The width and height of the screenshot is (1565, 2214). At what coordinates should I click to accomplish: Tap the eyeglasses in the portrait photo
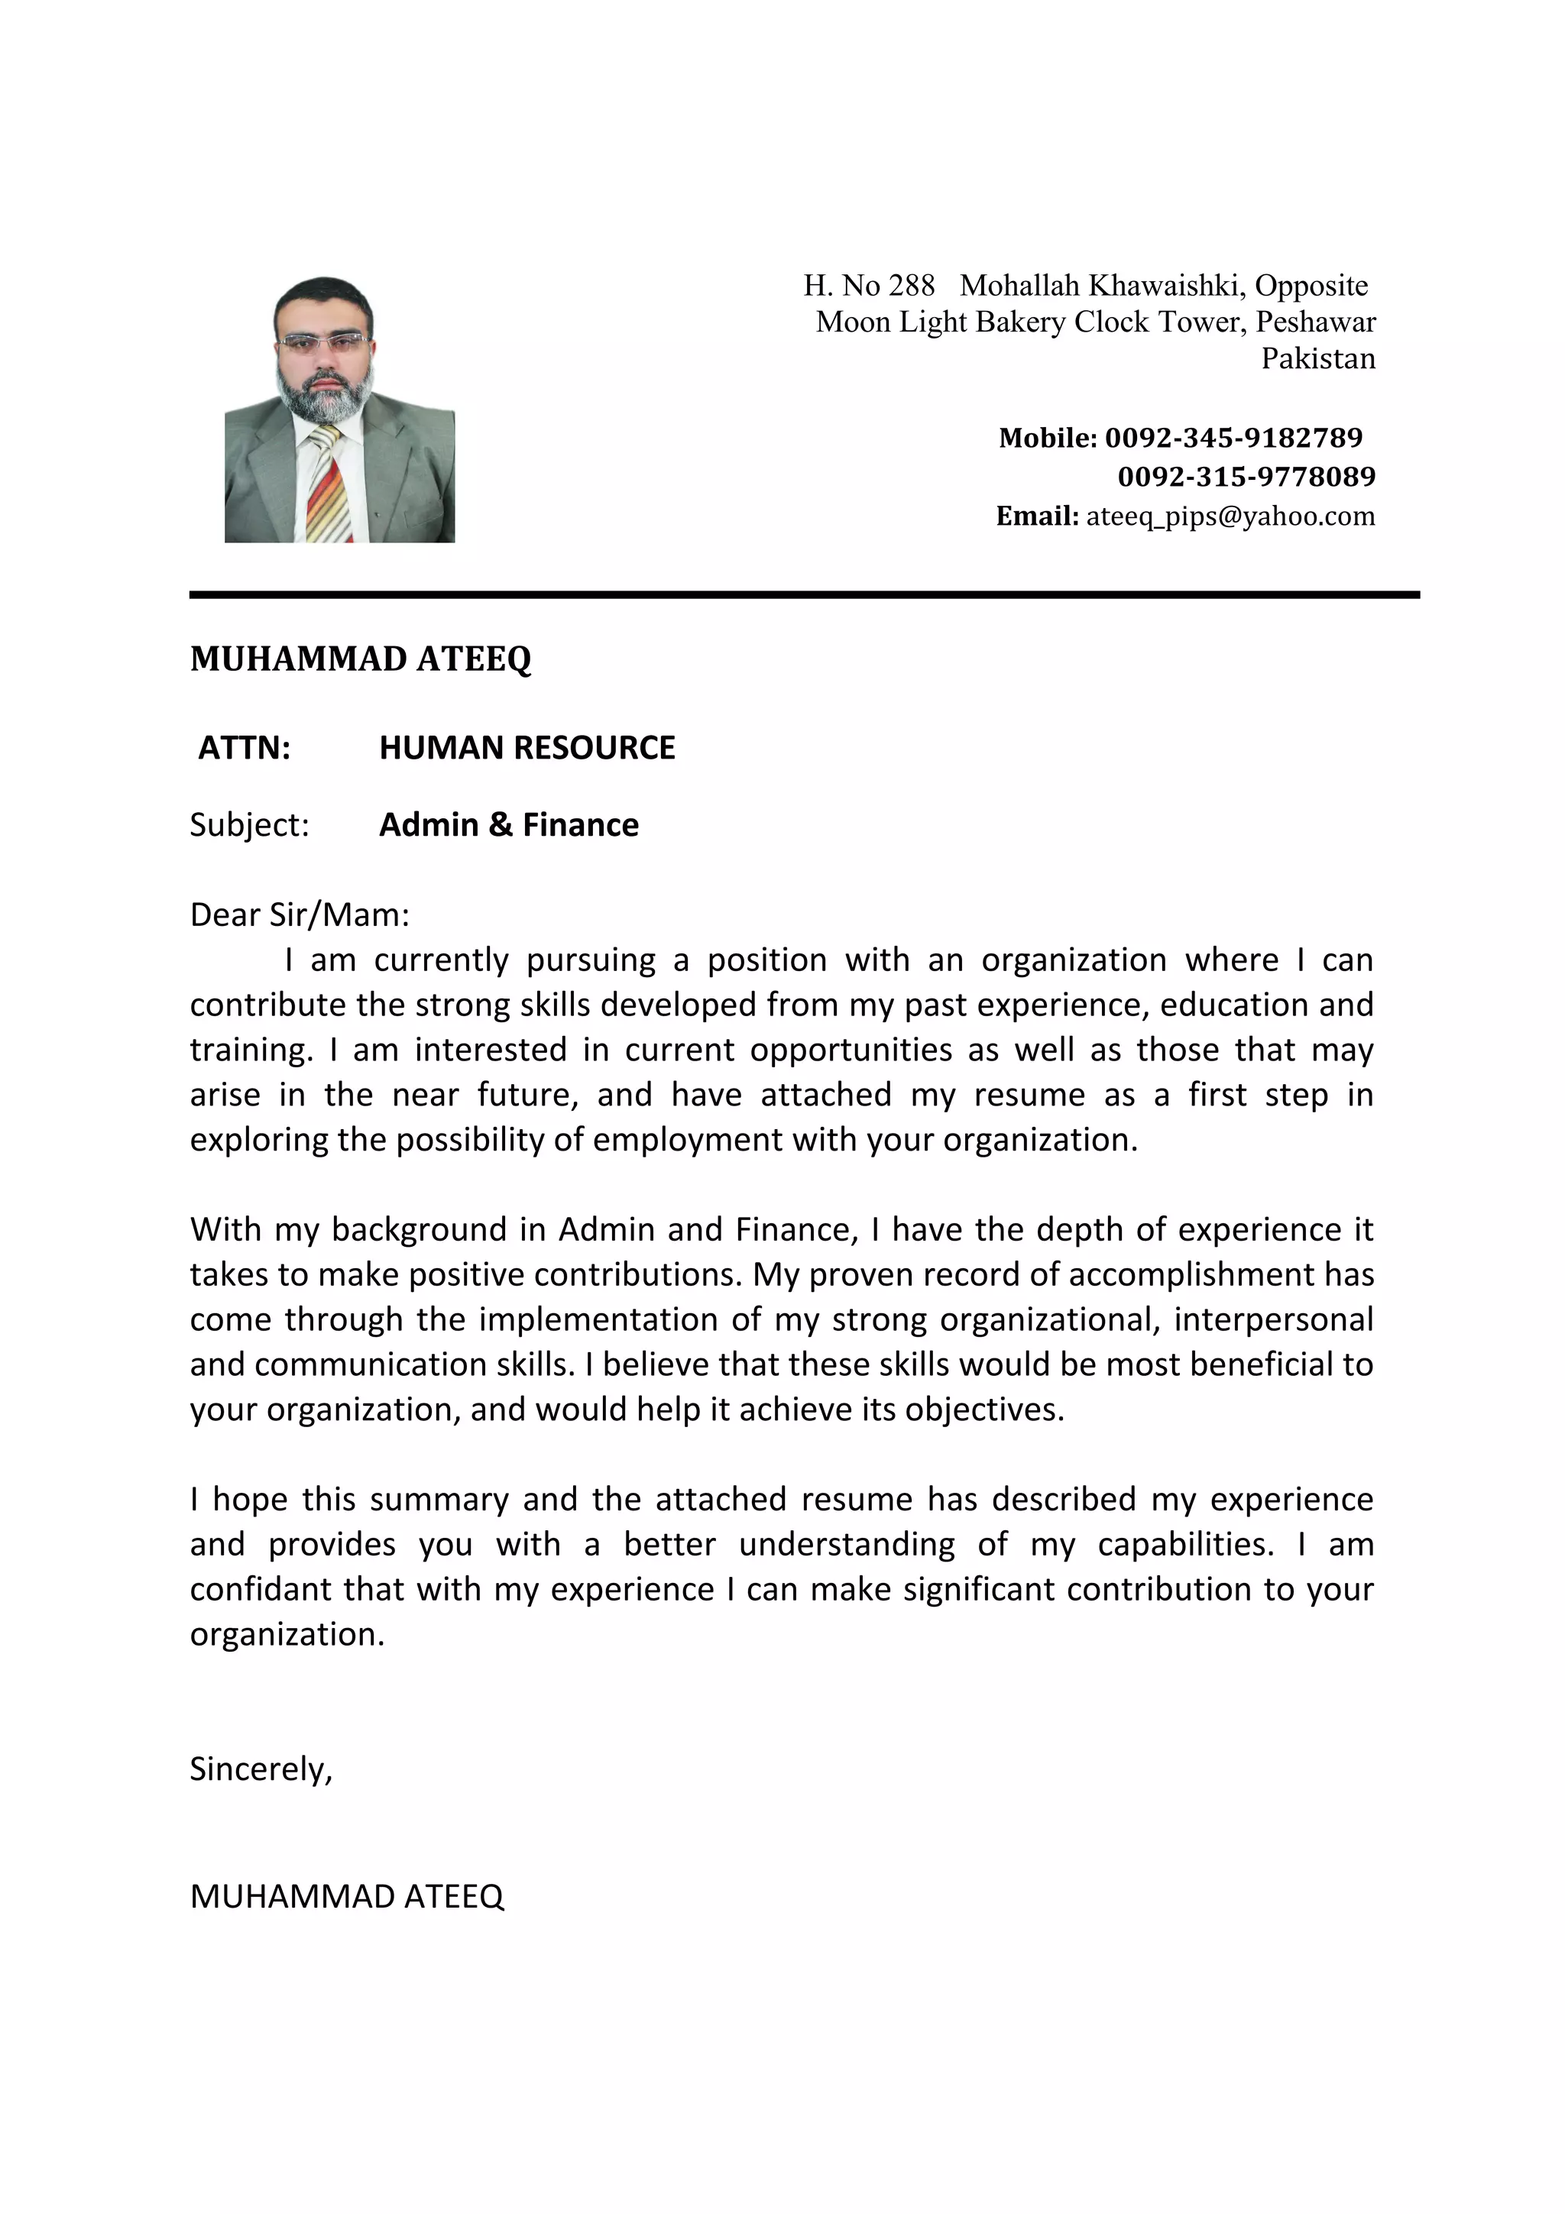[321, 341]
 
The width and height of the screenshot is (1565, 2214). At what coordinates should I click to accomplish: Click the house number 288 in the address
[911, 286]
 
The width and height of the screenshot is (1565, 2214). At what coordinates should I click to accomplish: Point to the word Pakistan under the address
[1317, 359]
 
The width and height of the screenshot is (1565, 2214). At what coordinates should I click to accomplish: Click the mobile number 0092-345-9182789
[1233, 438]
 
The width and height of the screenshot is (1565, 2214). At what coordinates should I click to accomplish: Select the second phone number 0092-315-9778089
[1246, 477]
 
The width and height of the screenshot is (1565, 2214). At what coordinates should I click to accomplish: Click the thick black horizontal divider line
[804, 595]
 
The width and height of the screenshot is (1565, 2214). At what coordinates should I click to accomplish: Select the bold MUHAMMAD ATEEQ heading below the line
[361, 659]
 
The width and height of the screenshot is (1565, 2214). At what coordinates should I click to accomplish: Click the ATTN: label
[244, 747]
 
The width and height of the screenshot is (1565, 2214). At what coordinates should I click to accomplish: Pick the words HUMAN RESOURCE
[527, 747]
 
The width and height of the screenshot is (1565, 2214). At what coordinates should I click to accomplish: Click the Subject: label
[249, 825]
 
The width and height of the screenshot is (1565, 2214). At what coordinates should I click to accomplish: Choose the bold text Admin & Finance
[508, 825]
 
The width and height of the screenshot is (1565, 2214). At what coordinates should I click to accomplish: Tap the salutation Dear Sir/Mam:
[300, 914]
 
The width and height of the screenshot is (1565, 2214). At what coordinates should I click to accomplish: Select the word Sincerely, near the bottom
[261, 1769]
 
